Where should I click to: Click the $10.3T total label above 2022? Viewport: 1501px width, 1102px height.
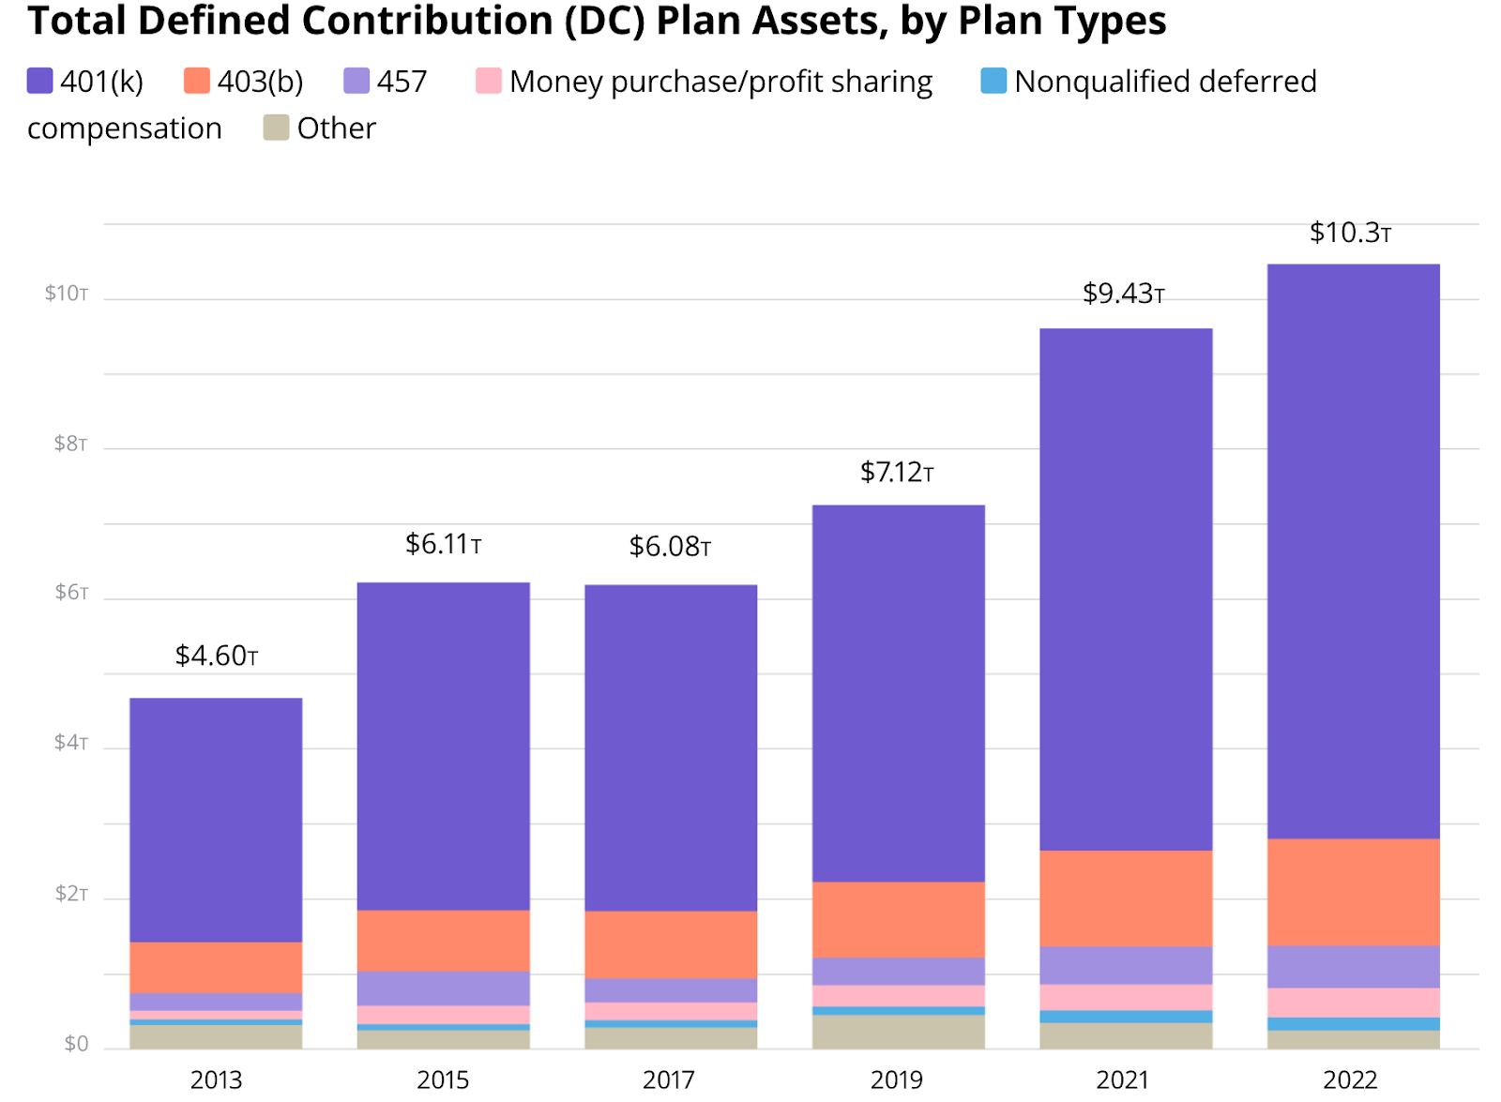1350,233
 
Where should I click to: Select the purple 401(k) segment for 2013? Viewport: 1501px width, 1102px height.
216,820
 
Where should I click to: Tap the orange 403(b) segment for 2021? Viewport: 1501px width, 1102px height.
1126,898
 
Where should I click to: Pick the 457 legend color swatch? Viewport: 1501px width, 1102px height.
356,82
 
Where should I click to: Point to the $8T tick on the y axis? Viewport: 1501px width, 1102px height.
70,444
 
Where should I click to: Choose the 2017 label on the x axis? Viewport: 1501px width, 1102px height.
669,1080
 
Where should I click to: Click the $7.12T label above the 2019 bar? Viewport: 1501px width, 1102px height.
897,472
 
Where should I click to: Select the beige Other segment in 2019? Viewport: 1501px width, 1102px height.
898,1032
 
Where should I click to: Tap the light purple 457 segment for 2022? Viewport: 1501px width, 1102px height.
1353,967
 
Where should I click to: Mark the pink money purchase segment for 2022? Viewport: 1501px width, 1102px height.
1353,1003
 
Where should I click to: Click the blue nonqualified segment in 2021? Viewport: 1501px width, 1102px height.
1126,1017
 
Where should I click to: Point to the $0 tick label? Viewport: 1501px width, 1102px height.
76,1044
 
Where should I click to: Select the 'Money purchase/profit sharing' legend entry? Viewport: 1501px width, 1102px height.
720,82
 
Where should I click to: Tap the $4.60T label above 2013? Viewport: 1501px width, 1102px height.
216,656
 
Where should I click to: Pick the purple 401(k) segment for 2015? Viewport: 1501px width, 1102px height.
443,746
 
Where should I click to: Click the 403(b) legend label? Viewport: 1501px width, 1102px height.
260,82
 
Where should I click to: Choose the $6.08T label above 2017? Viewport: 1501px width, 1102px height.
670,547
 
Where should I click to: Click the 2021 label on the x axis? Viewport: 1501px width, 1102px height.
1123,1080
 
